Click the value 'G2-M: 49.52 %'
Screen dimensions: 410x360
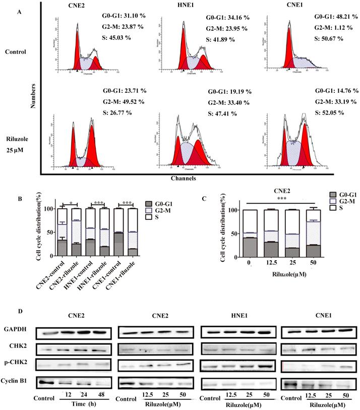[x=124, y=101]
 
